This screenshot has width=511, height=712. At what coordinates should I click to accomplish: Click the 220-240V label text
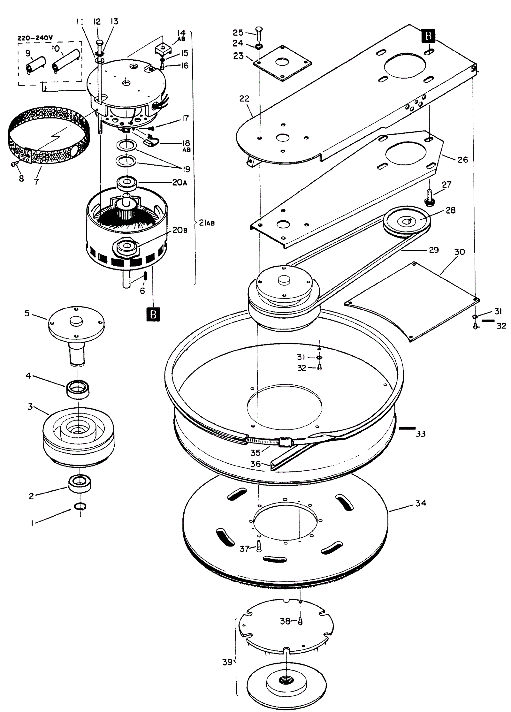[x=35, y=38]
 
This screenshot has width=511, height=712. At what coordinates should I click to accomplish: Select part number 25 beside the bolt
[x=238, y=32]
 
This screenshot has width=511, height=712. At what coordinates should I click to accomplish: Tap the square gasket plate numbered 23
[x=282, y=63]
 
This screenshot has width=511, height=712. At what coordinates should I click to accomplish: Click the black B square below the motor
[x=153, y=314]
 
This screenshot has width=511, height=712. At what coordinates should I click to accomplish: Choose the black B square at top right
[x=428, y=35]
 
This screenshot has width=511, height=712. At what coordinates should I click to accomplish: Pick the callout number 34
[x=421, y=504]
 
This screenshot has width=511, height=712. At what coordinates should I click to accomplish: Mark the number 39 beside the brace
[x=227, y=662]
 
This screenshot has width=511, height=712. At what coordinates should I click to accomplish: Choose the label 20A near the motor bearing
[x=179, y=182]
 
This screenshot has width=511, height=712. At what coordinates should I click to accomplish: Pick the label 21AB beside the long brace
[x=207, y=223]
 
